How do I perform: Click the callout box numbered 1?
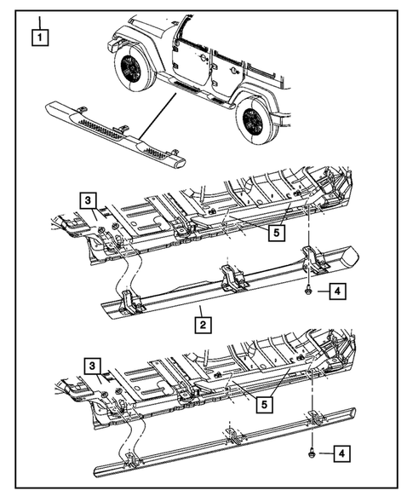[x=40, y=37]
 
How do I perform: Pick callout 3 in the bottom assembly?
[x=89, y=366]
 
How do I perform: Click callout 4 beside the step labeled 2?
[x=338, y=291]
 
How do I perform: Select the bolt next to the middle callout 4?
[x=307, y=291]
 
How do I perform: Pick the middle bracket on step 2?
[x=231, y=279]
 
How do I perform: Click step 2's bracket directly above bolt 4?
[x=310, y=259]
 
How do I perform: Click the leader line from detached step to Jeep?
[x=158, y=120]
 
